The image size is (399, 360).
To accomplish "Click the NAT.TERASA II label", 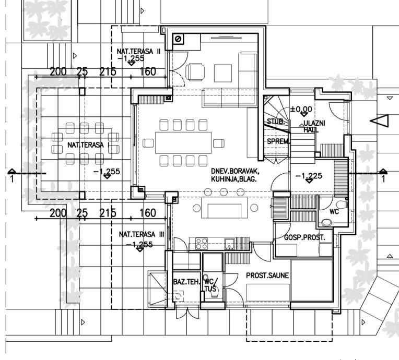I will [x=138, y=50].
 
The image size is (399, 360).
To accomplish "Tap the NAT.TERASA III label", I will [x=141, y=235].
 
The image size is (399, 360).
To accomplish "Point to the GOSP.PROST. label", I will [x=304, y=237].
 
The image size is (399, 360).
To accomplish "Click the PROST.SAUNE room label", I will [x=268, y=275].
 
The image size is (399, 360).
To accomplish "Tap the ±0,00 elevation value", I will [x=301, y=110].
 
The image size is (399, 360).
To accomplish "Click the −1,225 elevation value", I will [x=308, y=175].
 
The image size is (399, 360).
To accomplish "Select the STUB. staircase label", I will [x=275, y=121].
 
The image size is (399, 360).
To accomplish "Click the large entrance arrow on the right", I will [x=380, y=121].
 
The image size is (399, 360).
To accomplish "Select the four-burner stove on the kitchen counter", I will [x=201, y=243].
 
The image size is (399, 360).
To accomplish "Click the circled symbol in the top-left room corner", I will [x=179, y=39].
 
